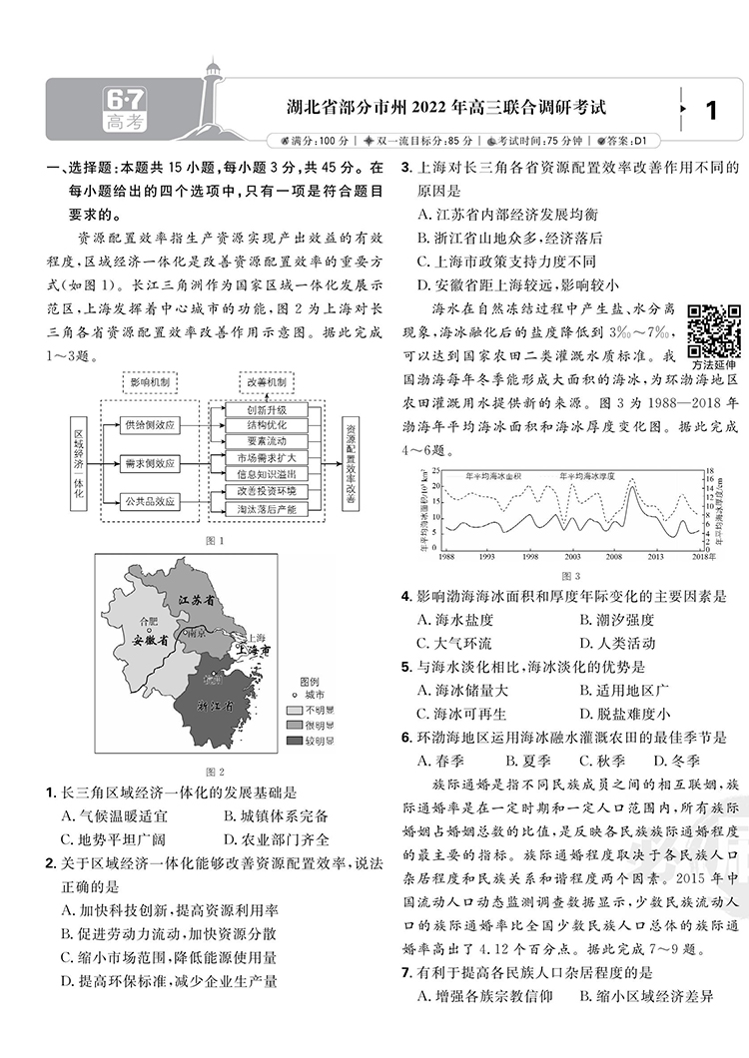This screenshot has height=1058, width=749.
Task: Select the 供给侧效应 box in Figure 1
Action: click(x=149, y=425)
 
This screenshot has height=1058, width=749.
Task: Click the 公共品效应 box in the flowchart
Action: click(x=149, y=502)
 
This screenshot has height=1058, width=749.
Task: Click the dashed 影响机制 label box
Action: click(x=150, y=382)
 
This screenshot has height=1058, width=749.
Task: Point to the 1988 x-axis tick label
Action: click(x=446, y=556)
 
